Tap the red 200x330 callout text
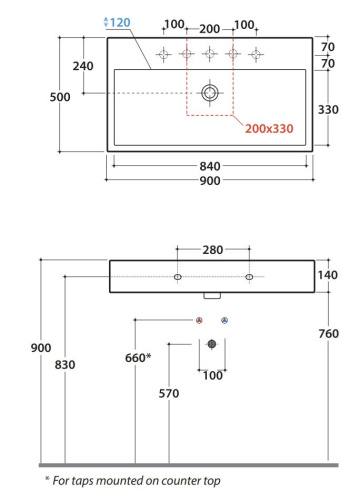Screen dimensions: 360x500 (269, 129)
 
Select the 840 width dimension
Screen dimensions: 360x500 (210, 166)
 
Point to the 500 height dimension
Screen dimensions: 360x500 (60, 97)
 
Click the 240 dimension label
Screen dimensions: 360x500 (83, 66)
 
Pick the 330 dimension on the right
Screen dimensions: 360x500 (328, 110)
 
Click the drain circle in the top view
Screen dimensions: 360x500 (210, 93)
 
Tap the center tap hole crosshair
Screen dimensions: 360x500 (210, 54)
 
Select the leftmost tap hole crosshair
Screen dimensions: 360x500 (163, 54)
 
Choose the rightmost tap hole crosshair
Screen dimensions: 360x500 (256, 54)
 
